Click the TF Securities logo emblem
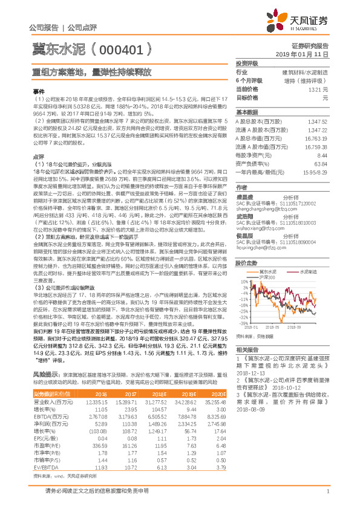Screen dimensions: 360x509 [283, 22]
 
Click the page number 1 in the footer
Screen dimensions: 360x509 [326, 499]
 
